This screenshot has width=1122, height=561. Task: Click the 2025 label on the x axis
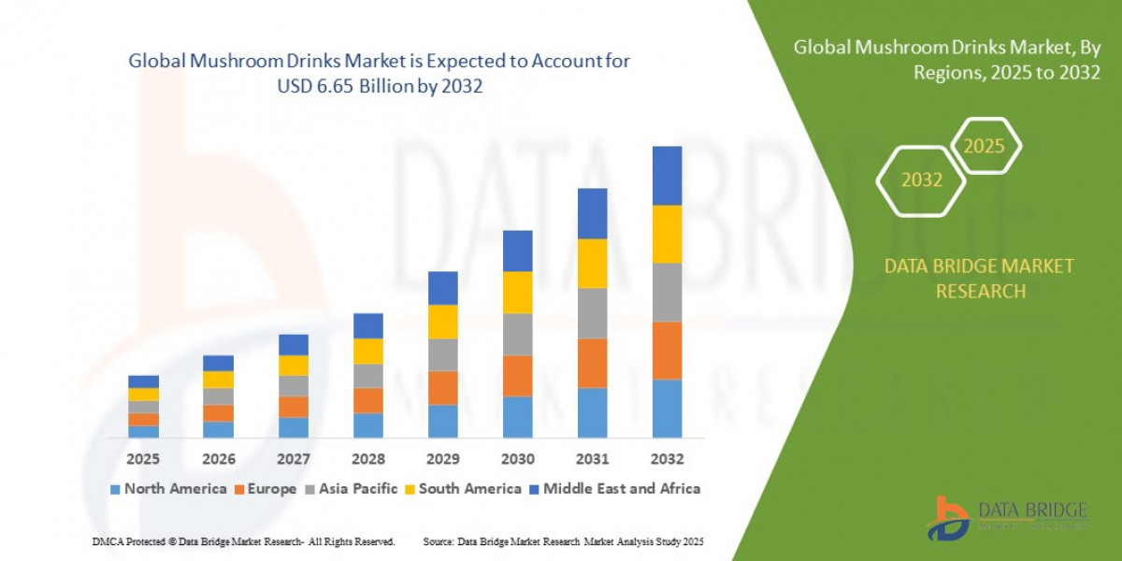[x=143, y=459]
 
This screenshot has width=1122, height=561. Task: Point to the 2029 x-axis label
[x=442, y=459]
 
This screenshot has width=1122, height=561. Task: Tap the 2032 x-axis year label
[x=667, y=459]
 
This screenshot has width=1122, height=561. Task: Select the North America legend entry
[x=168, y=489]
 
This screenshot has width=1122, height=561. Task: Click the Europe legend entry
[x=266, y=489]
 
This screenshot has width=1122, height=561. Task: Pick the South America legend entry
[x=462, y=489]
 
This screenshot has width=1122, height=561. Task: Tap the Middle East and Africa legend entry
[x=613, y=489]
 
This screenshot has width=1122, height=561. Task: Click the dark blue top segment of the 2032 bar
[x=667, y=176]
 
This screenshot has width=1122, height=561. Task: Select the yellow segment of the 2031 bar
[x=592, y=264]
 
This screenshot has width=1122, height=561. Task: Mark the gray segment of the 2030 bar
[x=517, y=334]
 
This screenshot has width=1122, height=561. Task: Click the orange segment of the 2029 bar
[x=442, y=387]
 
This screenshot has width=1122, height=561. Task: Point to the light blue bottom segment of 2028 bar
[x=367, y=425]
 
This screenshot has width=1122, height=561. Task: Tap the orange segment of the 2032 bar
[x=667, y=350]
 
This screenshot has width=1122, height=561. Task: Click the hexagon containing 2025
[x=984, y=146]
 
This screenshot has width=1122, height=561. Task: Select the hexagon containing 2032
[x=921, y=180]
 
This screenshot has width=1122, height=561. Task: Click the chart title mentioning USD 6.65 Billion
[x=379, y=74]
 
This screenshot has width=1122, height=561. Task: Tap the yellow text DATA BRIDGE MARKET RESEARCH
[x=979, y=279]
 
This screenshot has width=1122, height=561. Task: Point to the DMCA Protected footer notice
[x=243, y=542]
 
